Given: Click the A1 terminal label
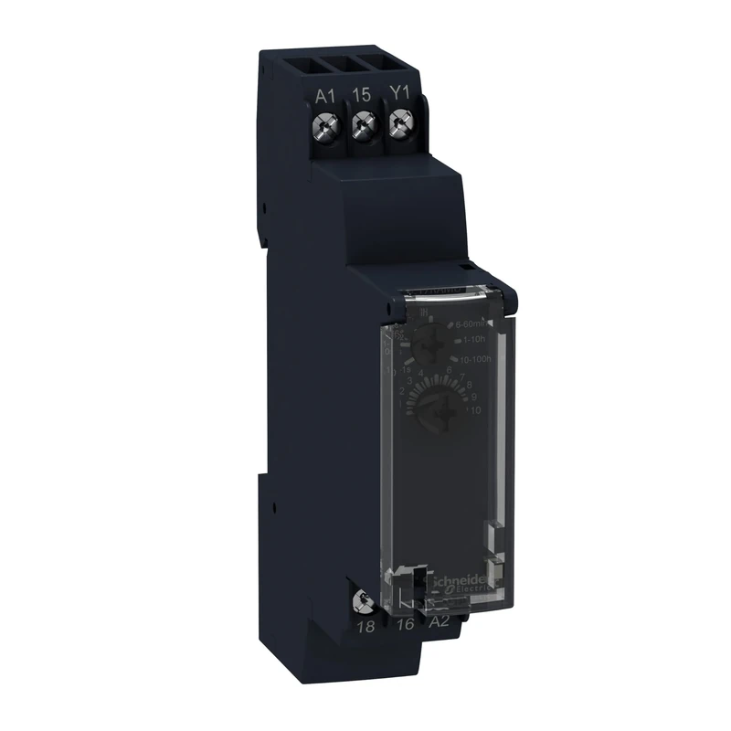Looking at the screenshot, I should coord(325,95).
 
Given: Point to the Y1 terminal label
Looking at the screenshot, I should coord(399,95).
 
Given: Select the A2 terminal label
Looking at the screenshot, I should coord(440,624).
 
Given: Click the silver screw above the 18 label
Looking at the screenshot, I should coord(364,599).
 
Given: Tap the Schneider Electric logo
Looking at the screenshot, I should coord(463,595).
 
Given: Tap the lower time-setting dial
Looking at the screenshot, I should coord(435,407).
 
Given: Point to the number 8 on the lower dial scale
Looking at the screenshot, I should coord(469,386).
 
